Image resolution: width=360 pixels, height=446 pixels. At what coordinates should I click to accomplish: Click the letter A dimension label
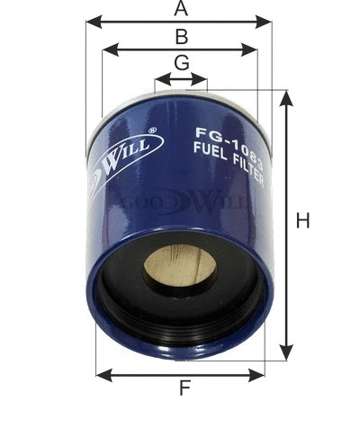(181, 9)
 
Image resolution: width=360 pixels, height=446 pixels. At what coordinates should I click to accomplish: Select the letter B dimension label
(181, 37)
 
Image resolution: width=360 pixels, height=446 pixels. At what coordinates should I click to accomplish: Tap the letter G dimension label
(181, 63)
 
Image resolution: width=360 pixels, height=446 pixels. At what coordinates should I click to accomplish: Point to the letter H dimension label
(302, 220)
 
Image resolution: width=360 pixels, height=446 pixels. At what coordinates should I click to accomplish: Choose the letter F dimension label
(184, 389)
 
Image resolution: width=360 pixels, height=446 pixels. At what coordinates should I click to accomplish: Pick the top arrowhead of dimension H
(286, 97)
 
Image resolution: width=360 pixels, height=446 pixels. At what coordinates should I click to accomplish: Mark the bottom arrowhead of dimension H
(286, 352)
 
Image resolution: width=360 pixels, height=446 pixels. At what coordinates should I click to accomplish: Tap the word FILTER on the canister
(248, 158)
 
